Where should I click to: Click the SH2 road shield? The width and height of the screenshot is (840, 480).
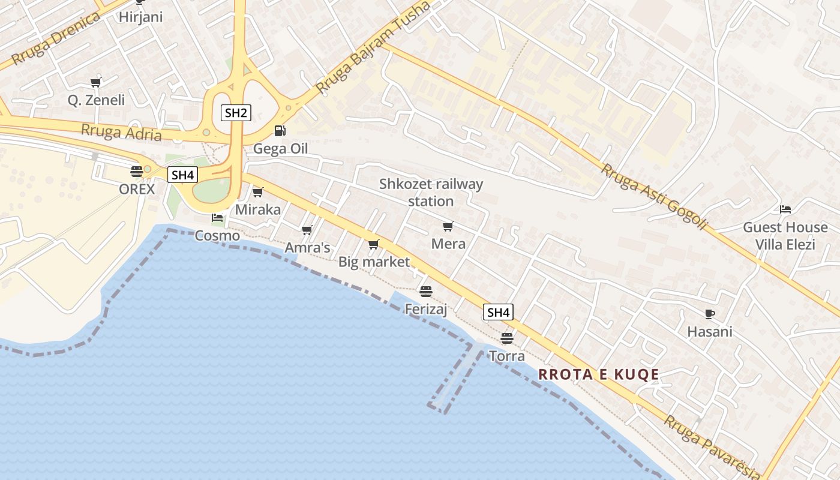[x=236, y=112]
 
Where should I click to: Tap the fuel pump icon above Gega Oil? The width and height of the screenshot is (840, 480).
[x=280, y=130]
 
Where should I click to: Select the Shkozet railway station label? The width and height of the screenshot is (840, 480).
[x=431, y=192]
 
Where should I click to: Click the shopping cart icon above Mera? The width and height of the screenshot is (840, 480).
[x=448, y=226]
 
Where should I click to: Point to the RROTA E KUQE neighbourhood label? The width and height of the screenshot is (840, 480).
[x=598, y=375]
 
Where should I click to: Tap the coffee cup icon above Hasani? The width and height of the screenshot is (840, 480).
[x=709, y=313]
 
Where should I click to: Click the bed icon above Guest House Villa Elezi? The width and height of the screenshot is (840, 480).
[x=785, y=209]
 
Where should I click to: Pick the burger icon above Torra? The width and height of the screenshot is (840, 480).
[x=507, y=338]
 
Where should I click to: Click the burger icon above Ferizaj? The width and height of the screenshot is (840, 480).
[x=426, y=292]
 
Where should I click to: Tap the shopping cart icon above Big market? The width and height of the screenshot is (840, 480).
[x=373, y=244]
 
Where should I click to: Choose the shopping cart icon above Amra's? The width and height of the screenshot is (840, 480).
[x=307, y=230]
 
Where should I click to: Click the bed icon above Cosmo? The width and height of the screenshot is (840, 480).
[x=217, y=218]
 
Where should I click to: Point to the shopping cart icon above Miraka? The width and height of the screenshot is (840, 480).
[x=258, y=192]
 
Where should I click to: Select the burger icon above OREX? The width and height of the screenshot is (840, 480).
[x=137, y=172]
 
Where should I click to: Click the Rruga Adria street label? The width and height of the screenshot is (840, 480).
[x=121, y=132]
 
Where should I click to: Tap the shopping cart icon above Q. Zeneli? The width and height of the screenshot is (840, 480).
[x=95, y=82]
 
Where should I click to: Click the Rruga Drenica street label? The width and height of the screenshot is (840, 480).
[x=55, y=38]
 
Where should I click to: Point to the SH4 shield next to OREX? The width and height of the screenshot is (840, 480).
[x=182, y=175]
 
